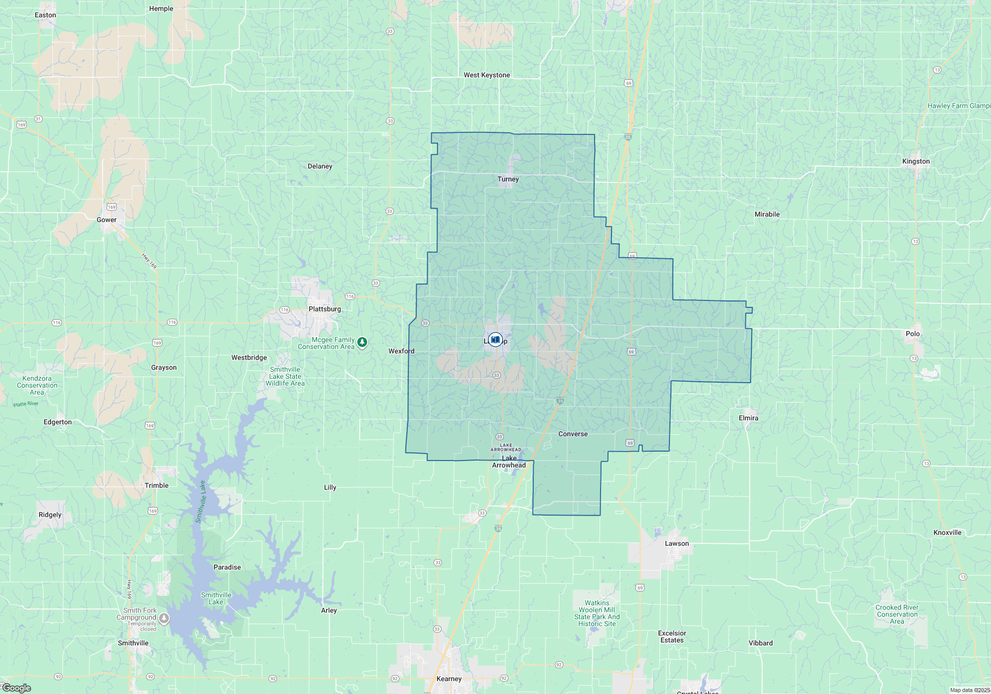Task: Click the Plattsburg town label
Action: click(325, 309)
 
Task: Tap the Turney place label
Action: click(508, 179)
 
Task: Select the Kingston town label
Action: click(916, 161)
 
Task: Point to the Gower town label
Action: click(107, 220)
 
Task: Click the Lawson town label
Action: click(676, 543)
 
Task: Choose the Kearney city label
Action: click(449, 679)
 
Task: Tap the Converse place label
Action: click(573, 434)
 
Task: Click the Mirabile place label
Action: click(767, 214)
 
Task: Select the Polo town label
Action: click(912, 334)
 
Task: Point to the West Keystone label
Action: click(487, 75)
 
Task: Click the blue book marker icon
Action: click(495, 340)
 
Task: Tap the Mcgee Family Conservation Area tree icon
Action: click(362, 342)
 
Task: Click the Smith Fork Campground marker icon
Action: click(164, 619)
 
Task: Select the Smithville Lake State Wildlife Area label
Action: click(285, 376)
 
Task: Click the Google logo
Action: click(17, 688)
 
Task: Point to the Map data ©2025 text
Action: click(969, 690)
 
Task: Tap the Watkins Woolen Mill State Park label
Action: click(597, 613)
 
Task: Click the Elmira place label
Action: click(748, 418)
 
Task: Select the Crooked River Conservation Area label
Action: click(897, 614)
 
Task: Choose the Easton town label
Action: click(45, 15)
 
